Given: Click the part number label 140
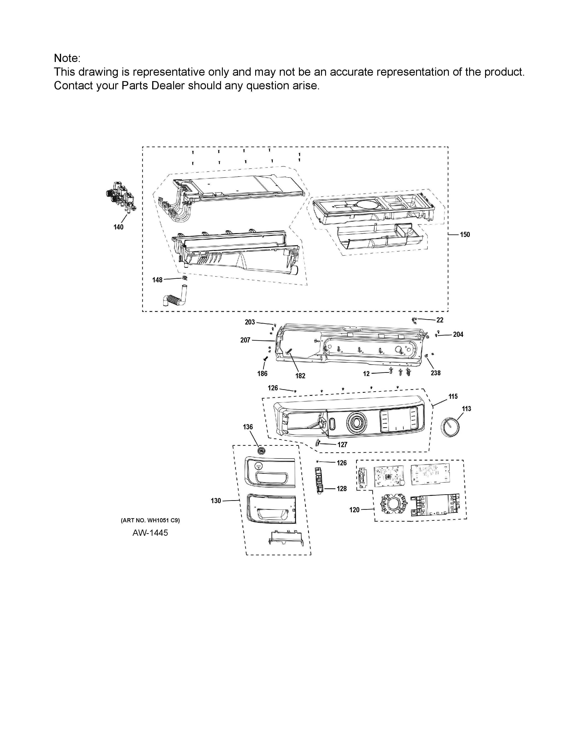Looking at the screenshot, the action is pyautogui.click(x=118, y=227).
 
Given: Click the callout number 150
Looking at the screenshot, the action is pyautogui.click(x=465, y=234).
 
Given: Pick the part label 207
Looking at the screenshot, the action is pyautogui.click(x=245, y=340).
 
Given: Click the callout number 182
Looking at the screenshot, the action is pyautogui.click(x=300, y=376).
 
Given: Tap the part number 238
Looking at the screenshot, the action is pyautogui.click(x=435, y=373).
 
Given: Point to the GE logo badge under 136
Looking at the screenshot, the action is pyautogui.click(x=262, y=451).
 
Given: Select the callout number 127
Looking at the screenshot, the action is pyautogui.click(x=342, y=445).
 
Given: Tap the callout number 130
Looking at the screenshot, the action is pyautogui.click(x=216, y=501).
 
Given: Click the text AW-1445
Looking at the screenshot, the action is pyautogui.click(x=150, y=533).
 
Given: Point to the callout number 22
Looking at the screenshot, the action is pyautogui.click(x=440, y=320).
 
